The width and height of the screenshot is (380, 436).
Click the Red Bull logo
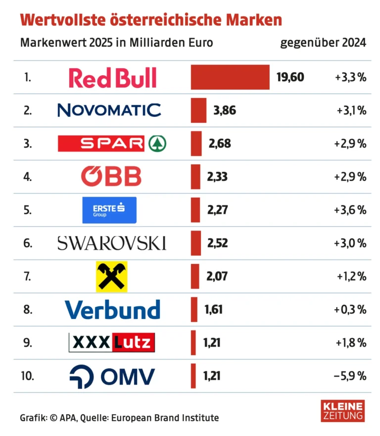click(112, 78)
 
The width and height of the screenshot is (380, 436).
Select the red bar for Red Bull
click(230, 77)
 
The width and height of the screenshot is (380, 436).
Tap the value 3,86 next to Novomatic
click(224, 110)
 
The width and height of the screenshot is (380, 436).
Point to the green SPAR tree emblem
click(157, 144)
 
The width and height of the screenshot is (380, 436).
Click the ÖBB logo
click(111, 177)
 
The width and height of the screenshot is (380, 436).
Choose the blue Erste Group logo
click(109, 210)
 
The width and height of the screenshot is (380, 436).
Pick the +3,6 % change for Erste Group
click(350, 210)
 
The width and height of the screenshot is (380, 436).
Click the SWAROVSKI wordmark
click(112, 243)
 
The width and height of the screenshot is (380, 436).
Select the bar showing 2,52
click(196, 243)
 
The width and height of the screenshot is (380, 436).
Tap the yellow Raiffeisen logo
click(111, 276)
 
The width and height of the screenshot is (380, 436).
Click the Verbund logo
click(112, 310)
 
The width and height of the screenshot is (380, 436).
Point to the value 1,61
click(213, 310)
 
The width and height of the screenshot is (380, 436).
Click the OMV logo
click(112, 376)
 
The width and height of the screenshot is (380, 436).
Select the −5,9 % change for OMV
click(350, 376)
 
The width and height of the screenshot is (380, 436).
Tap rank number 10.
click(28, 376)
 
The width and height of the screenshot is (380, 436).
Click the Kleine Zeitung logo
click(342, 411)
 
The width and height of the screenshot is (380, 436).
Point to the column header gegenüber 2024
click(323, 43)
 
